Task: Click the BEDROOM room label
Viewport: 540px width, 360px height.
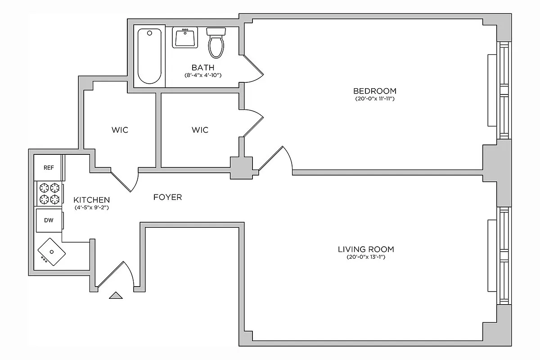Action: pyautogui.click(x=374, y=90)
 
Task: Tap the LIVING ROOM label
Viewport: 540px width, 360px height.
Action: pyautogui.click(x=366, y=249)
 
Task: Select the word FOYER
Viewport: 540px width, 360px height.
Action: pyautogui.click(x=167, y=197)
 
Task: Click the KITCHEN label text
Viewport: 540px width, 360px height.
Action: pyautogui.click(x=92, y=200)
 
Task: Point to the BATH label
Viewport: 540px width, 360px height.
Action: pyautogui.click(x=200, y=67)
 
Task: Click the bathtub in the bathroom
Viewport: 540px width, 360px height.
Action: pyautogui.click(x=149, y=56)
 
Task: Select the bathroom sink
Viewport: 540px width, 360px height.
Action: pyautogui.click(x=184, y=37)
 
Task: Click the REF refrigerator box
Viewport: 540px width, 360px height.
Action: pyautogui.click(x=49, y=167)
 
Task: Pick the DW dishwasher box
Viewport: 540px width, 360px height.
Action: pyautogui.click(x=49, y=220)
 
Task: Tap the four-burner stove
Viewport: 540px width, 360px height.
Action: pyautogui.click(x=49, y=193)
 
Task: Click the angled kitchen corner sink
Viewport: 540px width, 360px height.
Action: pyautogui.click(x=51, y=252)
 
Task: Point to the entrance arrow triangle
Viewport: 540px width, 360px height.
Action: pyautogui.click(x=116, y=295)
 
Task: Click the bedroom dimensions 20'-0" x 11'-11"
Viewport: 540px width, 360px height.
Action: pyautogui.click(x=374, y=99)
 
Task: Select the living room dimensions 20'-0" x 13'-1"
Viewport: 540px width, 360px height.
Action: pyautogui.click(x=366, y=257)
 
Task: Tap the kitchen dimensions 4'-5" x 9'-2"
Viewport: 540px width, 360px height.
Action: pyautogui.click(x=92, y=208)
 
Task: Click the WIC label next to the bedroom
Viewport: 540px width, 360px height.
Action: pyautogui.click(x=200, y=130)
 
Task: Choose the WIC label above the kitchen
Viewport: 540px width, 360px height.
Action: pyautogui.click(x=120, y=130)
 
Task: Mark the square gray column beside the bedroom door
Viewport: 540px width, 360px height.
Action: pyautogui.click(x=241, y=167)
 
